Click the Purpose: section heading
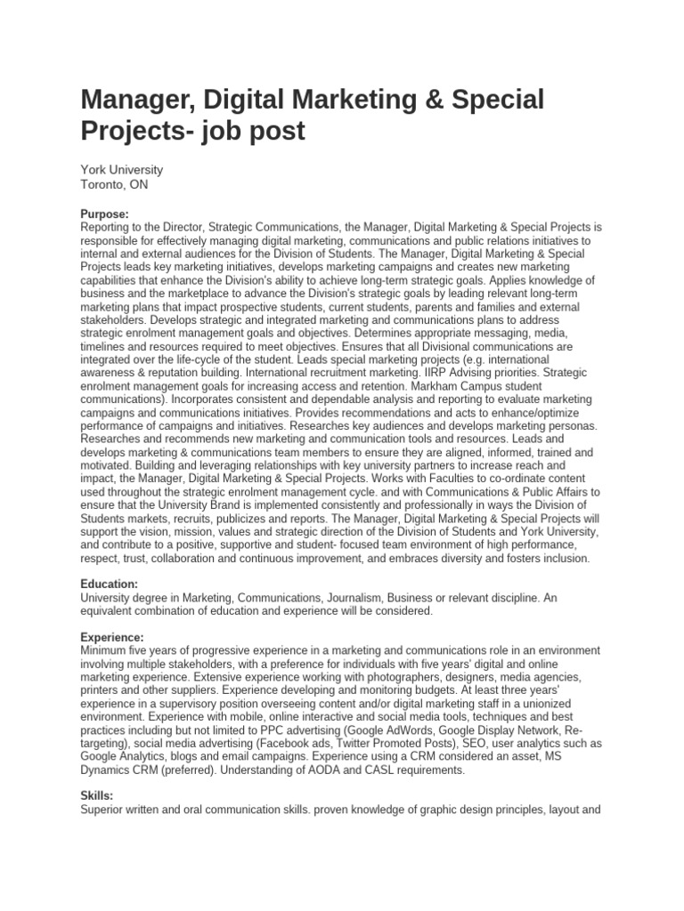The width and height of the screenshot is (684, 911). [104, 214]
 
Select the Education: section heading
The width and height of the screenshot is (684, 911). [109, 584]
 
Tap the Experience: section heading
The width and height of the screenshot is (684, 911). [111, 638]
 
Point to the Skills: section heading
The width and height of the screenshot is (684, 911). [96, 795]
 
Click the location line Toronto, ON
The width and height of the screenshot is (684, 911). [114, 185]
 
